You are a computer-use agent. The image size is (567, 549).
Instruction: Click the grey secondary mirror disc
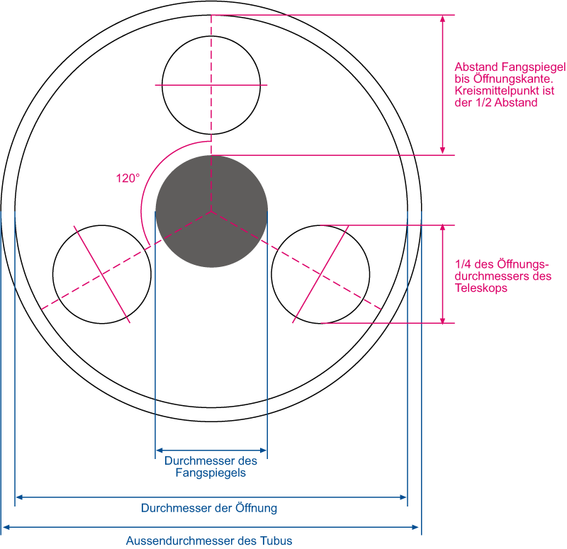[x=211, y=211]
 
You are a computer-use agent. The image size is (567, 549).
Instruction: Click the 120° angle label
[x=128, y=179]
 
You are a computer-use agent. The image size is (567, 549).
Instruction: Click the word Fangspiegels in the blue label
[x=210, y=472]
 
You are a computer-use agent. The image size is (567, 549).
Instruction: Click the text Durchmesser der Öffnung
[x=209, y=508]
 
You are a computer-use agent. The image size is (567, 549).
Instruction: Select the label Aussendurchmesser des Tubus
[x=209, y=540]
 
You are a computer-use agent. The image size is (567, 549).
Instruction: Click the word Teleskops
[x=481, y=288]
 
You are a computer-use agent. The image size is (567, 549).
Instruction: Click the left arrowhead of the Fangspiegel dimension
[x=159, y=451]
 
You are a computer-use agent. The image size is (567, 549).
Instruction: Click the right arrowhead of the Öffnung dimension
[x=403, y=497]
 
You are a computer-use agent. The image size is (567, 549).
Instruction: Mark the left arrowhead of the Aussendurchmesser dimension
[x=6, y=527]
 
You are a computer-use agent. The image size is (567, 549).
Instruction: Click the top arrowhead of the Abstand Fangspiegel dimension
[x=442, y=19]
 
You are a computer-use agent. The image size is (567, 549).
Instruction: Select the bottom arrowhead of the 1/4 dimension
[x=442, y=320]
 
